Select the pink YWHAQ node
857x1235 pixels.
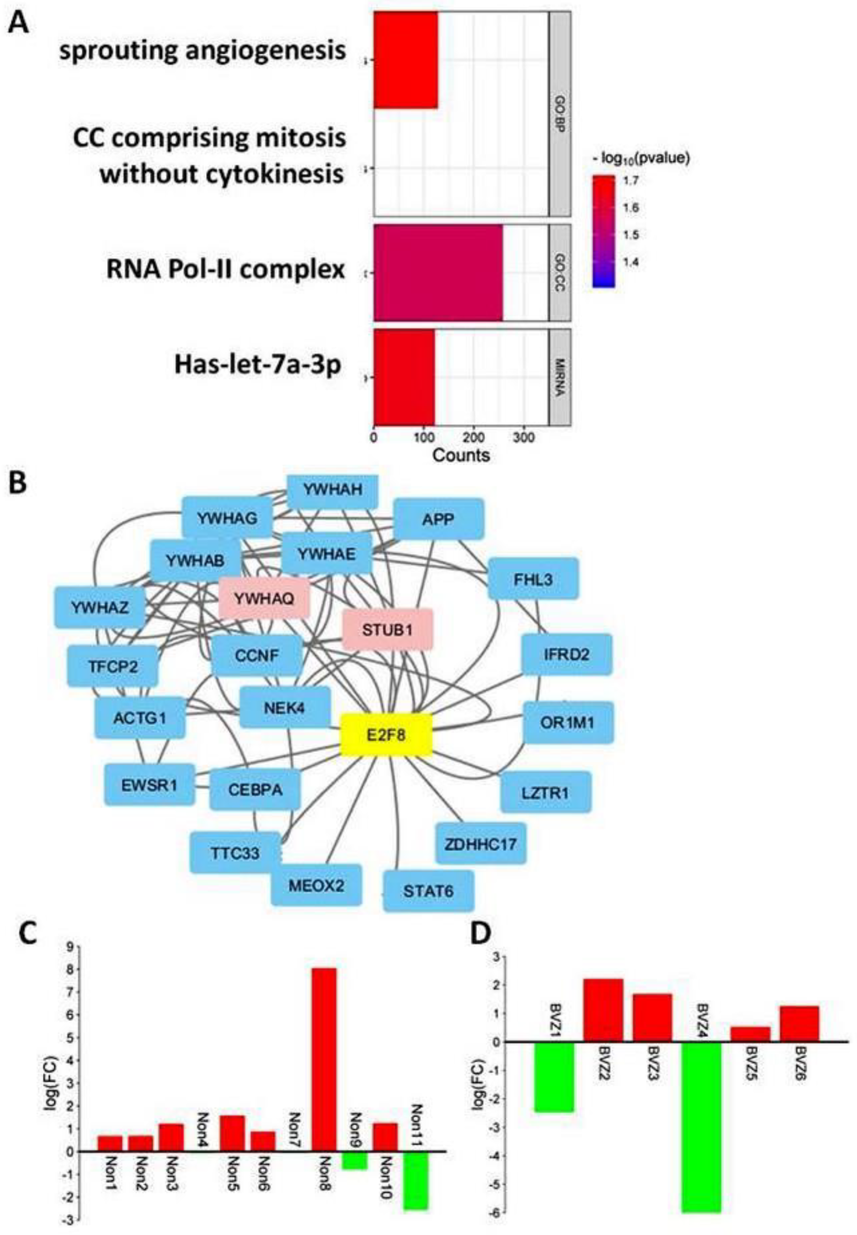click(x=264, y=598)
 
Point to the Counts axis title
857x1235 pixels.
click(x=461, y=455)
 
